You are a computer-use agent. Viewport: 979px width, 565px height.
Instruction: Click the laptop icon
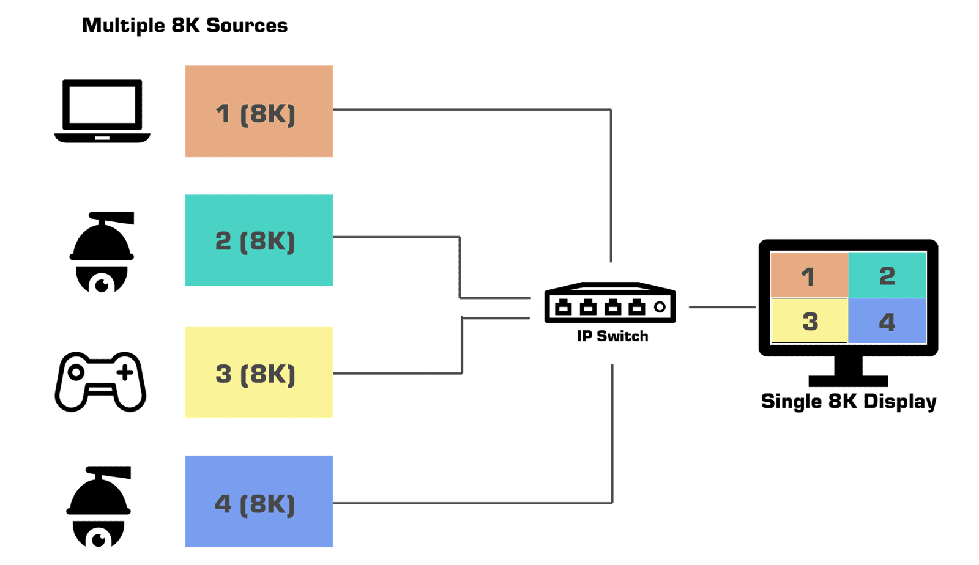102,111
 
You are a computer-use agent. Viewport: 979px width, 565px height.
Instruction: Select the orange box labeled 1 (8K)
259,111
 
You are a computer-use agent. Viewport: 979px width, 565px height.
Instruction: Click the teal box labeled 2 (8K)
259,240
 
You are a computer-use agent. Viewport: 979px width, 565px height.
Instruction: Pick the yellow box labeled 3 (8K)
259,372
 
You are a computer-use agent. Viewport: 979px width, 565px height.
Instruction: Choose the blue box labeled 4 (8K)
259,501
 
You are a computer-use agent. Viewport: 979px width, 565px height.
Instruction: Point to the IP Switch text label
612,336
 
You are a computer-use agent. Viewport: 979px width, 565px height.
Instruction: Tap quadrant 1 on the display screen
808,276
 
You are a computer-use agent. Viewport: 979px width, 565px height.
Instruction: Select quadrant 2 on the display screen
887,276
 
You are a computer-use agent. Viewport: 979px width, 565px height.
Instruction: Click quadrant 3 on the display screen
810,321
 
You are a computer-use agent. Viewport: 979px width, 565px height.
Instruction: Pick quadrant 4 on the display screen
887,321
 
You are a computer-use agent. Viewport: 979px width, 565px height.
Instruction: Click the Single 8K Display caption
849,402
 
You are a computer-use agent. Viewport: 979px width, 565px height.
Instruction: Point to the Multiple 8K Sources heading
185,26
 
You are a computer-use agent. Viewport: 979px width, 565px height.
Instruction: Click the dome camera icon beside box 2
102,252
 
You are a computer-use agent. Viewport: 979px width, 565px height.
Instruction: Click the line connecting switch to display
722,307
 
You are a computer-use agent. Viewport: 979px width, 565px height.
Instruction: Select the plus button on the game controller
125,372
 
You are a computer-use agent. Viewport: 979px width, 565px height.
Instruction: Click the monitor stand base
848,380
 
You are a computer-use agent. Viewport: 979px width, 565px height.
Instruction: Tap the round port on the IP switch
659,306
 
